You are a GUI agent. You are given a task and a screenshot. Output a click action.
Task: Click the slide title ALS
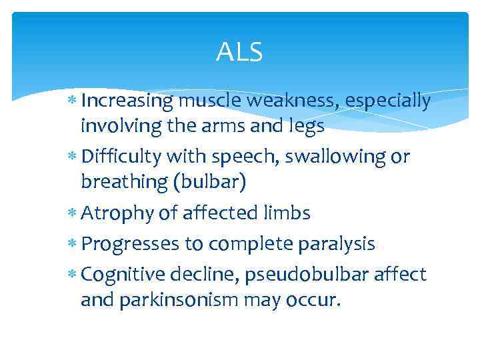tap(239, 52)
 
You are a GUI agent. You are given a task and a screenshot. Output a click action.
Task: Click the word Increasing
tap(127, 101)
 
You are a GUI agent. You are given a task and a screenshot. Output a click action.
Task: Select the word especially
tap(390, 101)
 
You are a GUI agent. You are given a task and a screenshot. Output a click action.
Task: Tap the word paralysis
tap(337, 245)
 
